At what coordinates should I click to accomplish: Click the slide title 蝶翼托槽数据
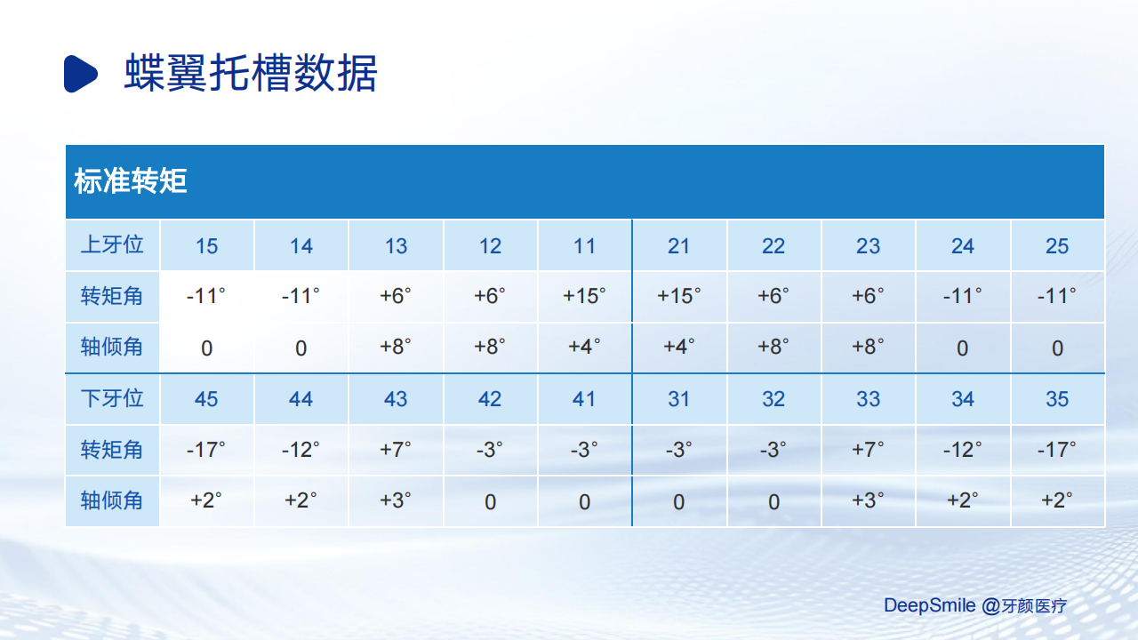[251, 73]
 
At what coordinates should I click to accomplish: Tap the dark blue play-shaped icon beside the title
[80, 74]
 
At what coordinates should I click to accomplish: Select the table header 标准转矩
[131, 181]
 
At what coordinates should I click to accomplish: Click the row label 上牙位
[112, 244]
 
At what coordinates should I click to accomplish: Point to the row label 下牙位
[112, 398]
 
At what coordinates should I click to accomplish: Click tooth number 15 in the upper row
[207, 246]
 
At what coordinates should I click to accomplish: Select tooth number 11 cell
[584, 246]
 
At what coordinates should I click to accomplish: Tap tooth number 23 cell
[868, 246]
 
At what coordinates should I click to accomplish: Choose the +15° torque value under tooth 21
[678, 296]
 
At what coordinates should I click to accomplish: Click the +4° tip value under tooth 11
[584, 347]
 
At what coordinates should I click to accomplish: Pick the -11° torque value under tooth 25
[1057, 296]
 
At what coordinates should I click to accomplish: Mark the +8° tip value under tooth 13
[396, 347]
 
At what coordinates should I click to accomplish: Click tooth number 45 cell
[206, 399]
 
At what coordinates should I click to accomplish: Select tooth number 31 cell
[678, 399]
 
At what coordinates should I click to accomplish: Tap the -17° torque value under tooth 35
[1057, 450]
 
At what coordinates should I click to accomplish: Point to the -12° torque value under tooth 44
[301, 450]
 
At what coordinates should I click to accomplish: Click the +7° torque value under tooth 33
[868, 450]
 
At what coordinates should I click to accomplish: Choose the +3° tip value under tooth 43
[396, 500]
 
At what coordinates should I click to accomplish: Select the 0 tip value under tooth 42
[490, 502]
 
